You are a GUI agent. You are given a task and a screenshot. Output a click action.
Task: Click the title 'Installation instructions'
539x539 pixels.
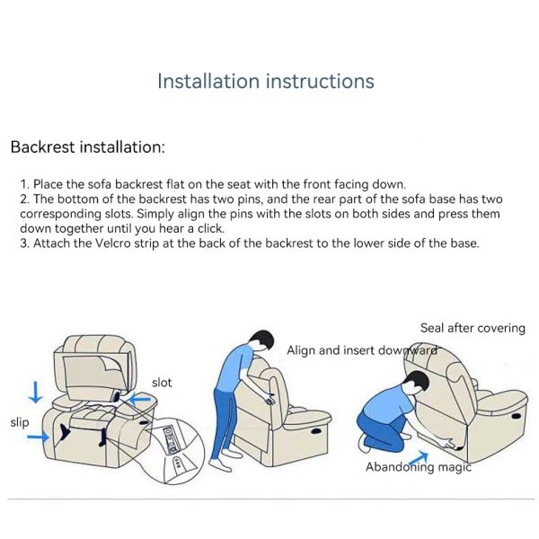265,81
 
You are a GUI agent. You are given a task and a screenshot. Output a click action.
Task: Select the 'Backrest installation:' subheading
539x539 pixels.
87,146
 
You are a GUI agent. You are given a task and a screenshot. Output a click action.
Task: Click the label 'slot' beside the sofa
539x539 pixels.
162,383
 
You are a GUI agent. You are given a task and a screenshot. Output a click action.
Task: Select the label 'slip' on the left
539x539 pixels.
21,421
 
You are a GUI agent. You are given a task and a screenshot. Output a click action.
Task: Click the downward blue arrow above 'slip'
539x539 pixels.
35,392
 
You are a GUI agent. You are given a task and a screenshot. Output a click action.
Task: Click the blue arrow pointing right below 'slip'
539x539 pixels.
38,437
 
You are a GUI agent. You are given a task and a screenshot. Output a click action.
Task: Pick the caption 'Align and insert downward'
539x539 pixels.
361,350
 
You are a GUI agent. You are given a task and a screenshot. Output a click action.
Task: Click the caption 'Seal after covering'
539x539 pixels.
473,328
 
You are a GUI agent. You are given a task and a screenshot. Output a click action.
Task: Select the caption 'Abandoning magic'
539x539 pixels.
418,467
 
